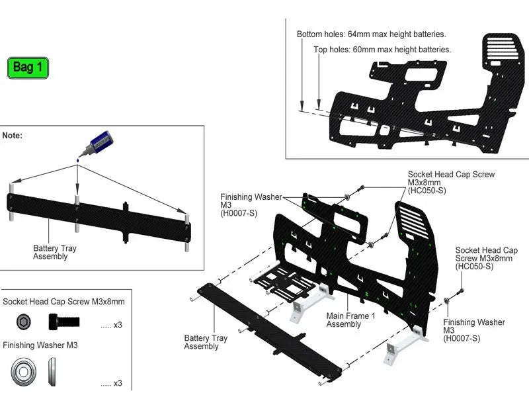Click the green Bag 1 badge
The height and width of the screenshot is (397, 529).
28,67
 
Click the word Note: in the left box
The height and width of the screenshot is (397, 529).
13,135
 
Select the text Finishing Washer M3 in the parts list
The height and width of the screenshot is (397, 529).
40,345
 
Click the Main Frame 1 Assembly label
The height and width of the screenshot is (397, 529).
350,320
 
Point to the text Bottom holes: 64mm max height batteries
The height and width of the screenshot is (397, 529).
371,34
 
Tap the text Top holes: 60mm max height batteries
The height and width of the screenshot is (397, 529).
382,50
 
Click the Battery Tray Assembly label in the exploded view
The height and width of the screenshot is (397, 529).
206,342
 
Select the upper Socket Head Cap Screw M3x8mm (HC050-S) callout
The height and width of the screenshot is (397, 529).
451,182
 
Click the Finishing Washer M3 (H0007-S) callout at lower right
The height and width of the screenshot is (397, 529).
473,330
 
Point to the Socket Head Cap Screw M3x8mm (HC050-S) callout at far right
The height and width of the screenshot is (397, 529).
486,258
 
